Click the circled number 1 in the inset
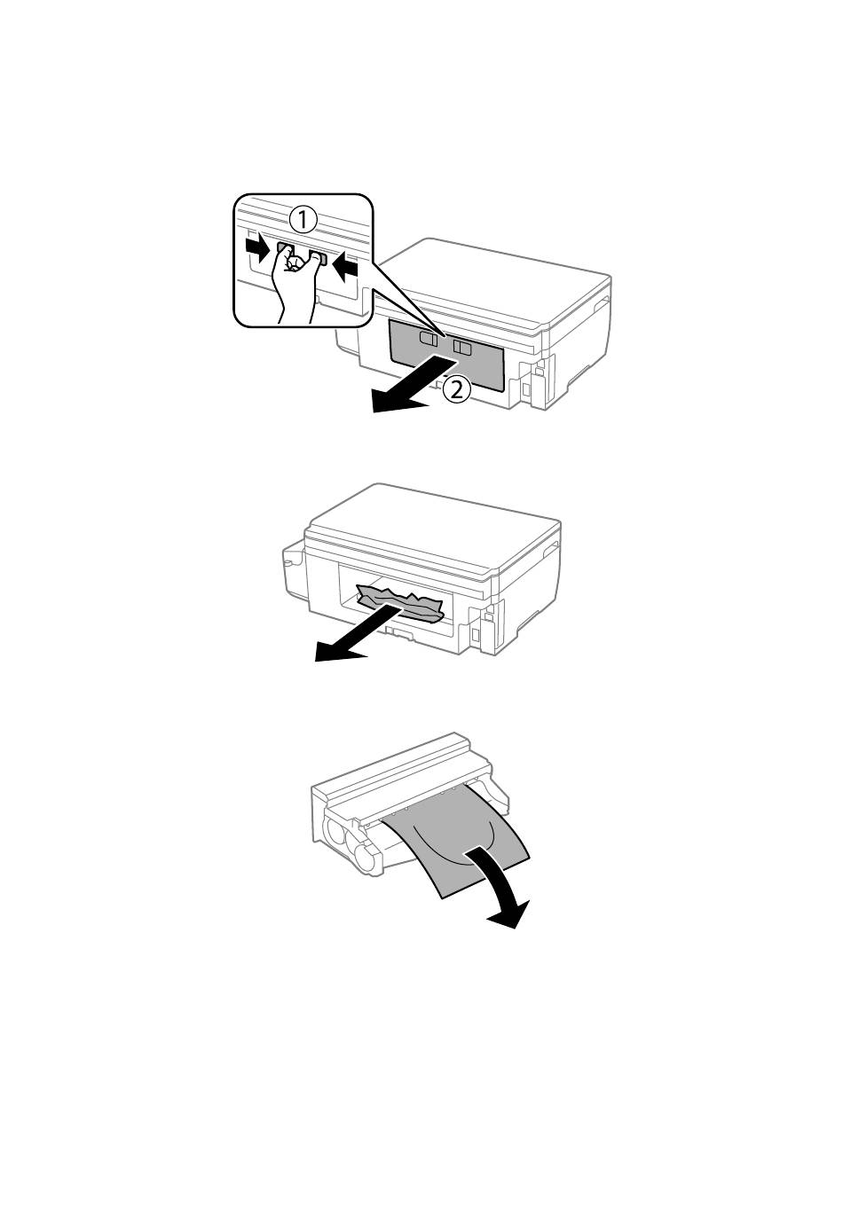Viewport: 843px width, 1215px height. (302, 221)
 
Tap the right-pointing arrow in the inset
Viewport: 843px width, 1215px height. (258, 248)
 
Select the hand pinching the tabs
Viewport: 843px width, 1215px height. (296, 282)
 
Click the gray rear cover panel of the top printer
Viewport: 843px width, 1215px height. (446, 355)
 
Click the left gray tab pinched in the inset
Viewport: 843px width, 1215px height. (283, 248)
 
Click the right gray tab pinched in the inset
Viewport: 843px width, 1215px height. (318, 257)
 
